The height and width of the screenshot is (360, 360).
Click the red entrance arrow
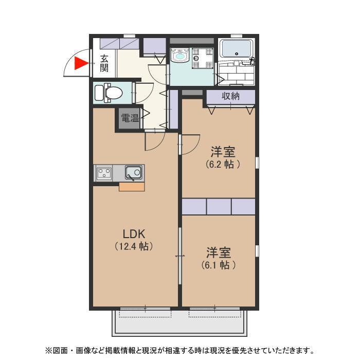[81, 63]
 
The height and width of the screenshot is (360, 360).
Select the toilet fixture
[109, 93]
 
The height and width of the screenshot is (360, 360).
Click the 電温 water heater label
[130, 118]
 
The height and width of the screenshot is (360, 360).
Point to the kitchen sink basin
[133, 172]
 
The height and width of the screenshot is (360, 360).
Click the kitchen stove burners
[104, 173]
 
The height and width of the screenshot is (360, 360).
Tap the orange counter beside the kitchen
[132, 187]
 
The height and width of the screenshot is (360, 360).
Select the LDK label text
[134, 234]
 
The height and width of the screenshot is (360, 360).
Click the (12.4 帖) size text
[134, 246]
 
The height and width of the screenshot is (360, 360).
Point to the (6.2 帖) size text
[223, 164]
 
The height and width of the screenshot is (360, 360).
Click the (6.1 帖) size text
[219, 265]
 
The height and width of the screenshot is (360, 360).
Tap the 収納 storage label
[230, 96]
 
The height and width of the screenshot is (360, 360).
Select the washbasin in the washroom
[180, 55]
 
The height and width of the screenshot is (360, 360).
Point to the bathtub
[237, 49]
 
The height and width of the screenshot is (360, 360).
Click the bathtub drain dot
[237, 54]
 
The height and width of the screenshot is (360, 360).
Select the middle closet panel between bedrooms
[219, 207]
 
